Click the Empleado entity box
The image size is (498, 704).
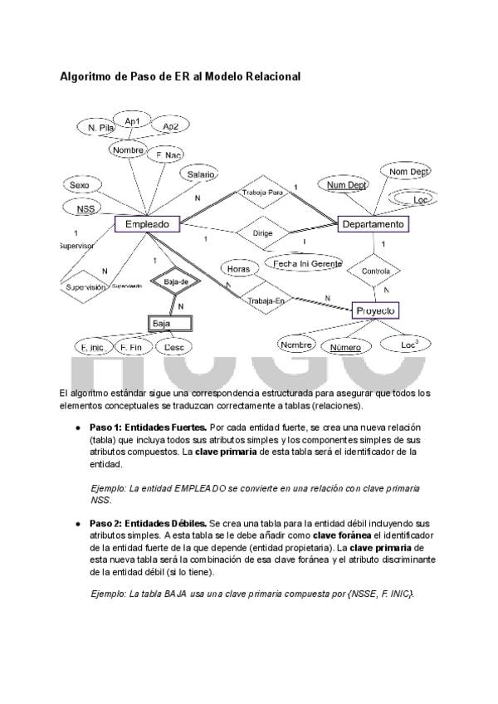[x=147, y=224]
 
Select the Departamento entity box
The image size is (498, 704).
[x=373, y=224]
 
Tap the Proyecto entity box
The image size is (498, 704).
[x=376, y=310]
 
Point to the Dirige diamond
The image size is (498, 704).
[x=262, y=233]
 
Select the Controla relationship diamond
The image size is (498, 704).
[x=376, y=271]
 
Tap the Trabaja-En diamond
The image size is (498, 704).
[x=266, y=300]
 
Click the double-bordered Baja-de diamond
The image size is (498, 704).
[x=177, y=282]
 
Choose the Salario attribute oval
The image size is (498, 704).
[x=200, y=175]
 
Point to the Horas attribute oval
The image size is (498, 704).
[x=238, y=269]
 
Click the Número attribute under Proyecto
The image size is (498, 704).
[x=345, y=347]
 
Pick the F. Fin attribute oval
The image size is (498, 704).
[x=131, y=346]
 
